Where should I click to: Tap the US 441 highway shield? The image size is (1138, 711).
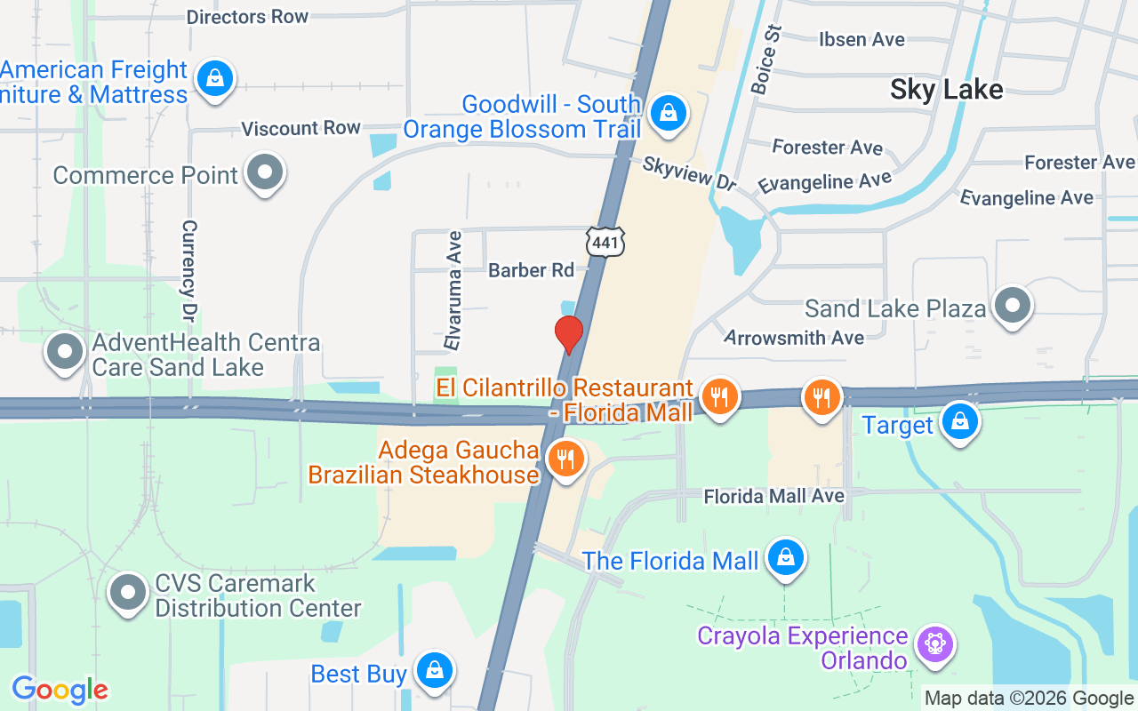605,241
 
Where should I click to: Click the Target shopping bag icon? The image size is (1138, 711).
959,421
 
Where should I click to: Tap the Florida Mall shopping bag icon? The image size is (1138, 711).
785,558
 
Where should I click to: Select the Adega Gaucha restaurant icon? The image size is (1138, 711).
564,459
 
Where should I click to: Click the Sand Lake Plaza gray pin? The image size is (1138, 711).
1012,306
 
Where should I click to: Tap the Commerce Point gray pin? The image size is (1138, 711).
264,172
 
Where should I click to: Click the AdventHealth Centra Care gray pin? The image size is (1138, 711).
64,351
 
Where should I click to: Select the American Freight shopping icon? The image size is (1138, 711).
214,78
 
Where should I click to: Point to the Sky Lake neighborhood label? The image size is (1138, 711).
946,89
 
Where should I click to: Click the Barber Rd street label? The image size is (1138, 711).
531,270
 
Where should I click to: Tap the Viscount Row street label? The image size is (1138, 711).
301,129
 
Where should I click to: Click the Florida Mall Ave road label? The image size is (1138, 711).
773,496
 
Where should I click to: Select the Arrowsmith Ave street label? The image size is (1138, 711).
794,338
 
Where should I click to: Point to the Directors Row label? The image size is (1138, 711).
247,17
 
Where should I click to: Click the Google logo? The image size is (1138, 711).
60,690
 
